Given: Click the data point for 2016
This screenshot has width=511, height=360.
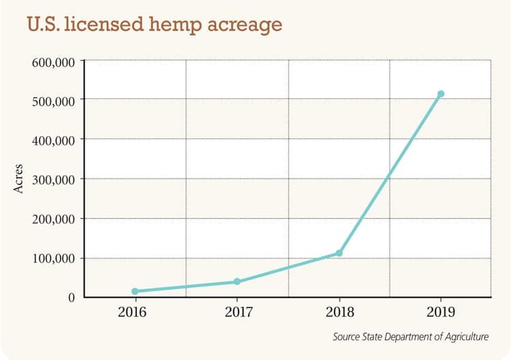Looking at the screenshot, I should pyautogui.click(x=135, y=291).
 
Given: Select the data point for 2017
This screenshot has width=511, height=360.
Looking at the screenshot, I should pyautogui.click(x=237, y=282).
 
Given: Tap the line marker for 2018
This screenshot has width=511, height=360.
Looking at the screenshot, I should pyautogui.click(x=339, y=253).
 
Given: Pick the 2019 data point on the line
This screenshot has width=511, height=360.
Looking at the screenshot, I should pyautogui.click(x=441, y=94).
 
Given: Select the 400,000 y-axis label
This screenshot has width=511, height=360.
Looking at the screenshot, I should pyautogui.click(x=52, y=140).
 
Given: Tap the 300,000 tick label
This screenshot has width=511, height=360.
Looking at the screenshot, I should pyautogui.click(x=52, y=179).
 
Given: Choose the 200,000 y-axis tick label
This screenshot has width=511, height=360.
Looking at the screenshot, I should pyautogui.click(x=52, y=219).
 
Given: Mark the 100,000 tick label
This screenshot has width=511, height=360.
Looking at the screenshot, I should pyautogui.click(x=52, y=258).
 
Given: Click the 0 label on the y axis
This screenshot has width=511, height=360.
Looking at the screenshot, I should pyautogui.click(x=70, y=297).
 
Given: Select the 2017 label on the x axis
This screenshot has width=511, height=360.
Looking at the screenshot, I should pyautogui.click(x=237, y=314).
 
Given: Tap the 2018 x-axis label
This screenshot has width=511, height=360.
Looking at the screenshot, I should pyautogui.click(x=339, y=314).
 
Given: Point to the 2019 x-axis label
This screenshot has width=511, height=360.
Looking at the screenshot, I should pyautogui.click(x=441, y=314).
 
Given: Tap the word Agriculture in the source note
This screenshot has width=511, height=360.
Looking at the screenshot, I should pyautogui.click(x=465, y=337).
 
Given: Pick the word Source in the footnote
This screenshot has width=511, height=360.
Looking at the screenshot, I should pyautogui.click(x=347, y=337).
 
